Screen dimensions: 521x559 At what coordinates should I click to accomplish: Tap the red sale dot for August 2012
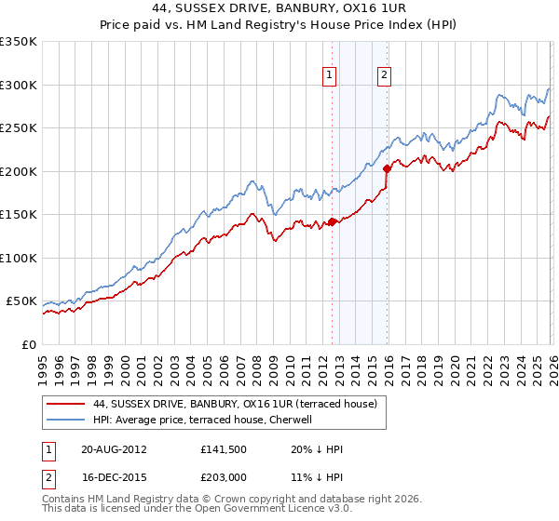tap(332, 222)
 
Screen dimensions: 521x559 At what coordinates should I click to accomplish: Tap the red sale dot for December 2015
tap(387, 169)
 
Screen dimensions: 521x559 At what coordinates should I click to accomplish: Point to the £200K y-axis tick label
tap(18, 171)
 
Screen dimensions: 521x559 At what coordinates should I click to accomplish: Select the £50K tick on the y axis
tap(21, 301)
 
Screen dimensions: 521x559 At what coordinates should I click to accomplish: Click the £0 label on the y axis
tap(28, 345)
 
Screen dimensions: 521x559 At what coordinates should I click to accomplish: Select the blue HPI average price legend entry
tap(206, 420)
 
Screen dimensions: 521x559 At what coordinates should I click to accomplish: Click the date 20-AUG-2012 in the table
tap(106, 449)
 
